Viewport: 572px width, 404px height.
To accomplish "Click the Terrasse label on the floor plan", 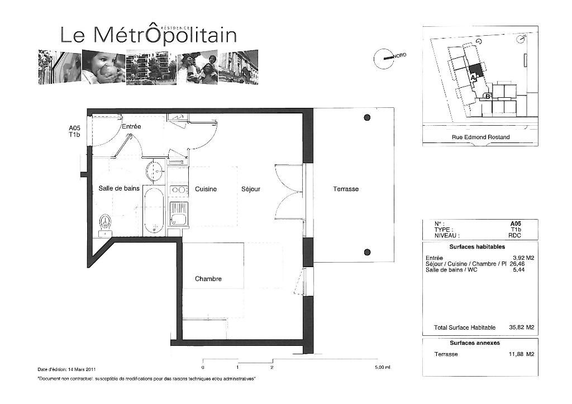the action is pyautogui.click(x=345, y=189).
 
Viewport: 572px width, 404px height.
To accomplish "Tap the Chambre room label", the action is pyautogui.click(x=208, y=279).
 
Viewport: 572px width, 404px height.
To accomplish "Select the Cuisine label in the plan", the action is pyautogui.click(x=206, y=189).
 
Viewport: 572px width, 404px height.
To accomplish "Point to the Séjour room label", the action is pyautogui.click(x=251, y=189).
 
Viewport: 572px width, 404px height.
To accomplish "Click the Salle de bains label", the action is pyautogui.click(x=119, y=188).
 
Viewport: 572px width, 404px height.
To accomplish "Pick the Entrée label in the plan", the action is pyautogui.click(x=131, y=127).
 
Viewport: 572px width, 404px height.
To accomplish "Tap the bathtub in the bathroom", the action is pyautogui.click(x=154, y=210).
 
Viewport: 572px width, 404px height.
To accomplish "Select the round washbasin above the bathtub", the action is pyautogui.click(x=155, y=170).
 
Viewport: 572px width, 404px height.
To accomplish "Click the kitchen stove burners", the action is pyautogui.click(x=178, y=190).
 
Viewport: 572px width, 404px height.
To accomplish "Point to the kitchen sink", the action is pyautogui.click(x=178, y=214).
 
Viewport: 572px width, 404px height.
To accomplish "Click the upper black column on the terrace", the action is pyautogui.click(x=368, y=117).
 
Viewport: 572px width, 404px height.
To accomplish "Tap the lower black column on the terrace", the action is pyautogui.click(x=368, y=252).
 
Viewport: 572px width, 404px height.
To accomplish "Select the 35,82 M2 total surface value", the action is pyautogui.click(x=521, y=327).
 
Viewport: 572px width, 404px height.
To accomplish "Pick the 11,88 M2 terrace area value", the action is pyautogui.click(x=521, y=354).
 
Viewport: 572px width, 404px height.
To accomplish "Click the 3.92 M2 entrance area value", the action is pyautogui.click(x=523, y=258).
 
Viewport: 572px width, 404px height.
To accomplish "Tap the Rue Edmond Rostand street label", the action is pyautogui.click(x=480, y=137).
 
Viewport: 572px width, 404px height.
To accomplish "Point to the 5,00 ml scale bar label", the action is pyautogui.click(x=383, y=368).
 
